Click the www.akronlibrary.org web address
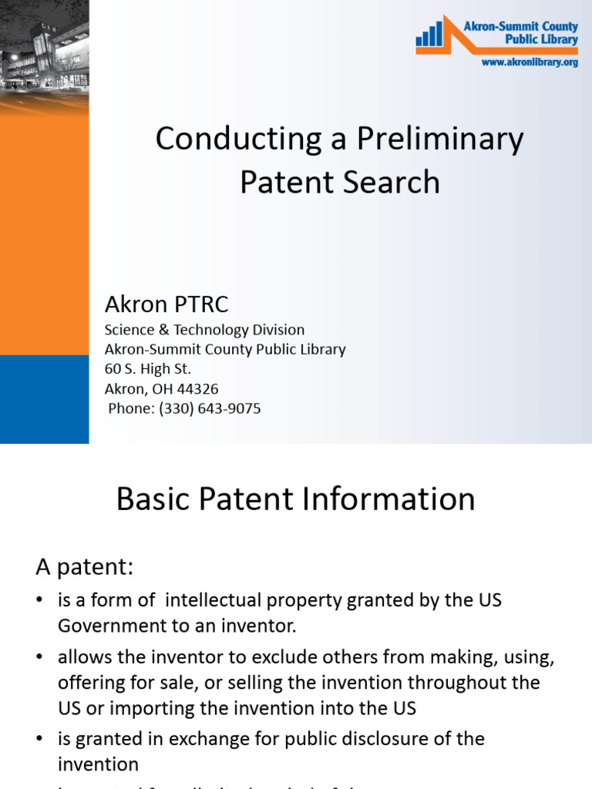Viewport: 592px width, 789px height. [x=530, y=62]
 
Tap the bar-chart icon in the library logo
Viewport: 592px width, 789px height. [x=430, y=35]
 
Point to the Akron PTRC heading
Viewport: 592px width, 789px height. [x=166, y=304]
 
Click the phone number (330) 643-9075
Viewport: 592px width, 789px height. [x=210, y=408]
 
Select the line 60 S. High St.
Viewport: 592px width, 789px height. [x=148, y=369]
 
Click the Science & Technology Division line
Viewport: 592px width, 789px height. [x=204, y=330]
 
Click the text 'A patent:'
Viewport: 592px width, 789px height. [x=85, y=568]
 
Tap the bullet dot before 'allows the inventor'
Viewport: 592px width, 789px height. [x=41, y=658]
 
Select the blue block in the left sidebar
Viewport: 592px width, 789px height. [x=44, y=399]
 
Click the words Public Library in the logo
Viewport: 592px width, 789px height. [x=541, y=39]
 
